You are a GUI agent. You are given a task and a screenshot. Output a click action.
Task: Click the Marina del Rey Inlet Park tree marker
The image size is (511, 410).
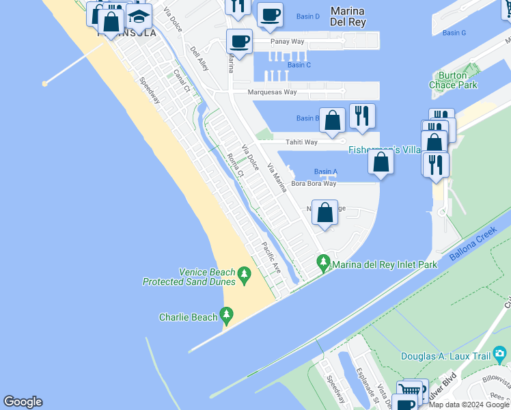[x=323, y=262]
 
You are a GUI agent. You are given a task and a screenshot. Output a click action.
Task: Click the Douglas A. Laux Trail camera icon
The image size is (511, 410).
[x=500, y=354]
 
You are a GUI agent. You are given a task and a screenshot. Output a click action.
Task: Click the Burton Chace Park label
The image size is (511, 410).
[x=453, y=80]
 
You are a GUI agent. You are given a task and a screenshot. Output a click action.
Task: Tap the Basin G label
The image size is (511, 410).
[x=454, y=33]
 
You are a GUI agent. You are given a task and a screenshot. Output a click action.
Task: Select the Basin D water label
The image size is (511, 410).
[x=308, y=16]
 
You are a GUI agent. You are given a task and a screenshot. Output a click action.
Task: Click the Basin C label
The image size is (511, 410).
[x=299, y=65]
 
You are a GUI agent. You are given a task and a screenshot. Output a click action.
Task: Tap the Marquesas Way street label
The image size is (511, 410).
[x=272, y=92]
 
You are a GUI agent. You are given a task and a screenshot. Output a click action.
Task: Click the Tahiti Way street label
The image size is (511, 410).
[x=301, y=142]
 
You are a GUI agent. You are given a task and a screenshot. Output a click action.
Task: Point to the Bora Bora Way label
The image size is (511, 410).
[x=314, y=183]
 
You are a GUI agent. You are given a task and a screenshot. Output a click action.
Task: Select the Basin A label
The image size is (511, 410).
[x=325, y=172]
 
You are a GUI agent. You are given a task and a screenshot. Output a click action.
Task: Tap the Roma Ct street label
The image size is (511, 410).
[x=235, y=164]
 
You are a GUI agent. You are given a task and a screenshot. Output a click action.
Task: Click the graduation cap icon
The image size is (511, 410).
[x=139, y=17]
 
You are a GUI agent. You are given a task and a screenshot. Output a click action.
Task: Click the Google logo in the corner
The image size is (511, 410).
[x=23, y=402]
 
